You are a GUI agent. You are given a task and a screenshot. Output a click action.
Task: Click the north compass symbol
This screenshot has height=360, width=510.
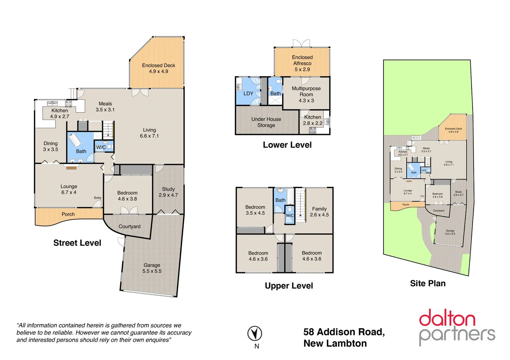[254, 334]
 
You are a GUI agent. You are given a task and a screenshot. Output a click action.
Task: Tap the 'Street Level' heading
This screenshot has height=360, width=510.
[77, 243]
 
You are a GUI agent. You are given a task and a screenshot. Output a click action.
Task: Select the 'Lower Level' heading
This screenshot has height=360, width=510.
[287, 145]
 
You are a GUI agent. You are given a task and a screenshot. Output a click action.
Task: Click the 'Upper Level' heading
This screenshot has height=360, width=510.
[289, 286]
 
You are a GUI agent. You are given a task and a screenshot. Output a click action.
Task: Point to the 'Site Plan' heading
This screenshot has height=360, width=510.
[428, 283]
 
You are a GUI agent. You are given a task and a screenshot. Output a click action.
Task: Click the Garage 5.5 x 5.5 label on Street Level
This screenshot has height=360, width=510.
[152, 268]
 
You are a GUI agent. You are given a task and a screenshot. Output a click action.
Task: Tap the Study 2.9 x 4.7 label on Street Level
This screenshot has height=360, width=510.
[168, 192]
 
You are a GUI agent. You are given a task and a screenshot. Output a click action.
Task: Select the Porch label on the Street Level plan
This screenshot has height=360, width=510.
[68, 214]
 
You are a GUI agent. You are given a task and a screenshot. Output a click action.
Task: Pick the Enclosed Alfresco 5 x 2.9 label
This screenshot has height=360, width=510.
[302, 63]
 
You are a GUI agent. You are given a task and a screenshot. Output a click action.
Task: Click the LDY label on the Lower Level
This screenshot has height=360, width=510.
[248, 94]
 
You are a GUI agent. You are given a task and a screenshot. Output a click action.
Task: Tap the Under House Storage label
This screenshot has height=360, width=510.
[266, 122]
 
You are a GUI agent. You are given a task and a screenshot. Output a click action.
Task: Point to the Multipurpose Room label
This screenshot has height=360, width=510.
[306, 94]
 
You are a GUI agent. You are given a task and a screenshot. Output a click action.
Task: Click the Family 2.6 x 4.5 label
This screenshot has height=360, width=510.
[319, 212]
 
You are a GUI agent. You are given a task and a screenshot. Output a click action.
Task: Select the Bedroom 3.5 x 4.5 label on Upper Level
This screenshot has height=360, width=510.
[255, 210]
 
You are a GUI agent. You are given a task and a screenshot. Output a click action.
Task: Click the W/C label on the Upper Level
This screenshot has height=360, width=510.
[290, 215]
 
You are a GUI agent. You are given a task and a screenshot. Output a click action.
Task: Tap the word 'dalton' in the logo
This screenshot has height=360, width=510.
[447, 318]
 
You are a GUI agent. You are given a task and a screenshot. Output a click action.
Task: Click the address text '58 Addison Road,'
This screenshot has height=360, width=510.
[344, 332]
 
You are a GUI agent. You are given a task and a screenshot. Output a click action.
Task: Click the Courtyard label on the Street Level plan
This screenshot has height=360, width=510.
[129, 227]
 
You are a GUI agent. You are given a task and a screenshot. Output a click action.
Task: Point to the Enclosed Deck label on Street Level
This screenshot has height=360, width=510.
[158, 68]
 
